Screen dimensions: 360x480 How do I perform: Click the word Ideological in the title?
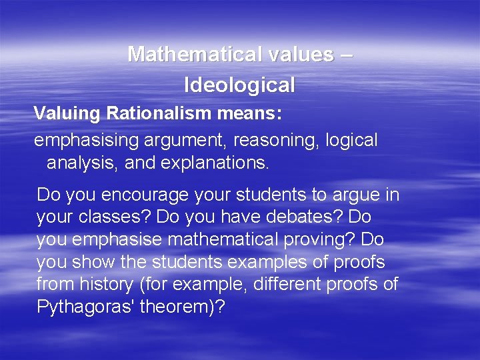coord(239,85)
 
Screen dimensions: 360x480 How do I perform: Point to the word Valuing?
coord(67,113)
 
